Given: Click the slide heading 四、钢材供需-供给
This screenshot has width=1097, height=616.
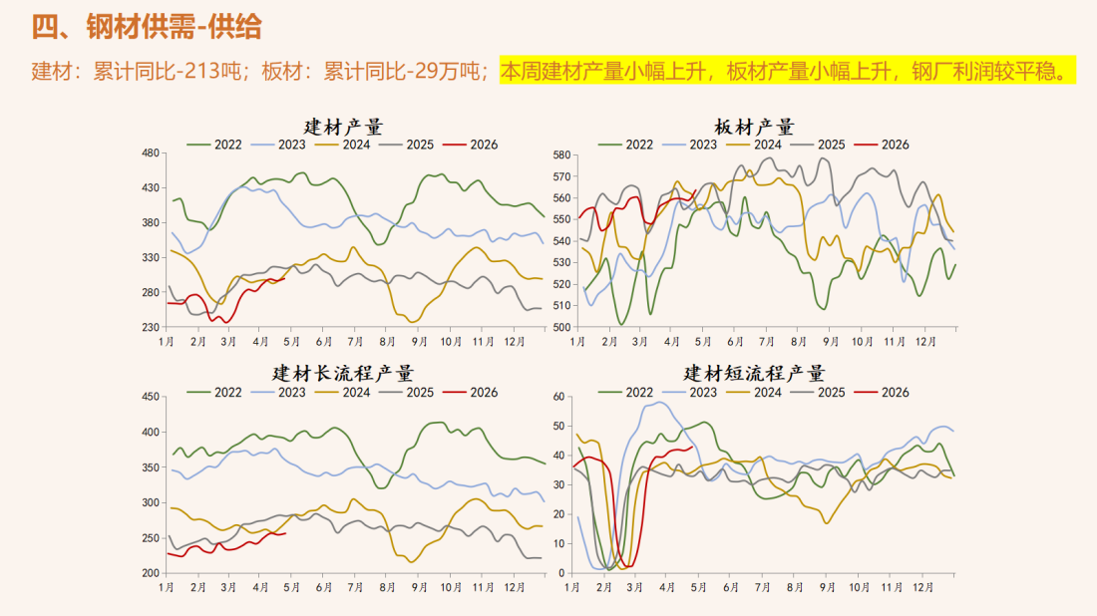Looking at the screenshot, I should click(147, 27).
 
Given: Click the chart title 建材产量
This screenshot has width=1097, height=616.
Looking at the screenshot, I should click(343, 127).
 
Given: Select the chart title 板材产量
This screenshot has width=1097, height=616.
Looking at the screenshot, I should click(754, 127).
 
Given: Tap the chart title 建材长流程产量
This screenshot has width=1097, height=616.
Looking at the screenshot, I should click(343, 373).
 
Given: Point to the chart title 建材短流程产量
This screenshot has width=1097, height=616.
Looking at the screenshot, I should click(754, 373).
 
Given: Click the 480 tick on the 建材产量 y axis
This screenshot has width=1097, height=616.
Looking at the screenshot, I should click(151, 153).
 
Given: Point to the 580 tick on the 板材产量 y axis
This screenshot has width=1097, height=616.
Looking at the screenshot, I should click(559, 154).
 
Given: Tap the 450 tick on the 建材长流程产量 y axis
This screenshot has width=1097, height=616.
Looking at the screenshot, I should click(151, 397).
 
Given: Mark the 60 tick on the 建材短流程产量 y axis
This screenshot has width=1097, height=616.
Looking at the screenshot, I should click(559, 397).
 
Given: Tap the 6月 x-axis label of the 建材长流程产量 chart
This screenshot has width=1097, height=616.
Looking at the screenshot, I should click(324, 588).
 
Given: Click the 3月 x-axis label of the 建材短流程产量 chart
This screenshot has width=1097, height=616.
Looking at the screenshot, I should click(634, 588).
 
